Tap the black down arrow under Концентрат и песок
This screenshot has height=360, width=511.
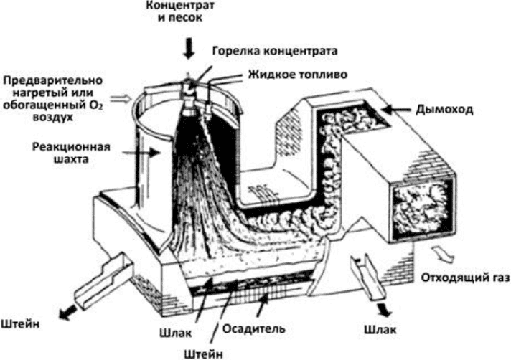tap(189, 48)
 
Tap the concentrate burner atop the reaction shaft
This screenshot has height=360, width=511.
tap(189, 86)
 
